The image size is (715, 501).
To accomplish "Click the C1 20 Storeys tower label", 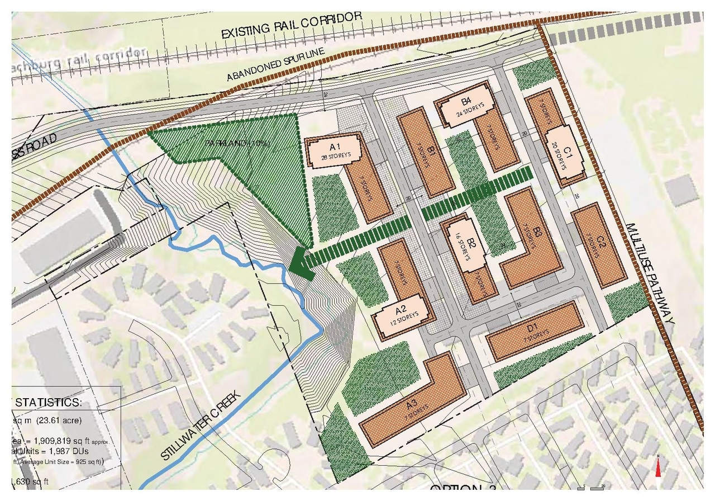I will coord(567,155).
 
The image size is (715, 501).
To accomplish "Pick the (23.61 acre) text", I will coord(60,420).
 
